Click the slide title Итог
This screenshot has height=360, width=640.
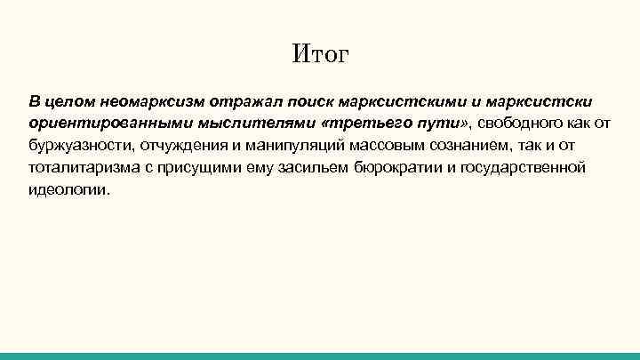[320, 56]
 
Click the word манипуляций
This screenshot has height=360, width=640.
[276, 144]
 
